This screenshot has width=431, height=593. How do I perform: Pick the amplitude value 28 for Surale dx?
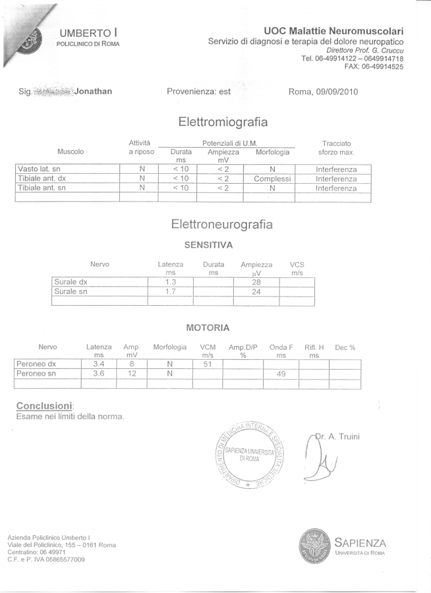point(256,282)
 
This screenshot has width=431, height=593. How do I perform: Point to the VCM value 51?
point(208,364)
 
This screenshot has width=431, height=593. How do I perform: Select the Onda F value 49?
point(281,374)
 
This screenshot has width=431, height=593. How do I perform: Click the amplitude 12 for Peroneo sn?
point(132,374)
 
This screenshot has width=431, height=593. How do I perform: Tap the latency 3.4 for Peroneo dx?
point(100,364)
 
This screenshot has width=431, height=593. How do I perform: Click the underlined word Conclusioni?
point(44,405)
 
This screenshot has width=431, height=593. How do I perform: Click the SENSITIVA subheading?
point(208,245)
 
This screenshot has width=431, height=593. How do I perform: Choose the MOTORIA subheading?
point(208,327)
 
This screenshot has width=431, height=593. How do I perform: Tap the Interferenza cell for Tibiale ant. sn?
point(336,188)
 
